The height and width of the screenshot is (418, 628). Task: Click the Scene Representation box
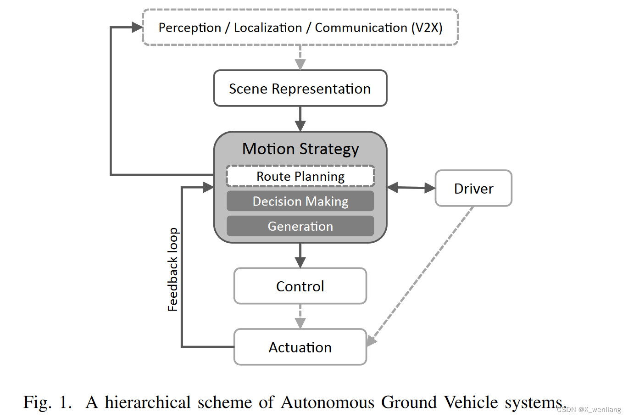click(300, 89)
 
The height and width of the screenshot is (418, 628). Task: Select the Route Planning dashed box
click(300, 176)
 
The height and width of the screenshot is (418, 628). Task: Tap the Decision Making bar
click(300, 201)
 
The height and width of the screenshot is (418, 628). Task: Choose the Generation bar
click(300, 226)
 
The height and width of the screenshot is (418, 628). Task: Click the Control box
click(300, 286)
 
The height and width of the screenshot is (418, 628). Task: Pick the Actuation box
click(300, 347)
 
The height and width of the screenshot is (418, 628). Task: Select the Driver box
click(473, 189)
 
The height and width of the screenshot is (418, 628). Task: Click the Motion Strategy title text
click(300, 149)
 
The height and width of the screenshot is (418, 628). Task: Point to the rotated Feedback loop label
click(172, 270)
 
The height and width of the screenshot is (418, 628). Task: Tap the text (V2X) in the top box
click(427, 28)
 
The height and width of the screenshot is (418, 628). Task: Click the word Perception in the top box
click(189, 28)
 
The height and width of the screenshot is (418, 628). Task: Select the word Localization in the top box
click(268, 28)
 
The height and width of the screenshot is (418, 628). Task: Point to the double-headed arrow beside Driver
click(411, 187)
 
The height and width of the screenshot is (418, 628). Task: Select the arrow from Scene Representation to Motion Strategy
click(300, 119)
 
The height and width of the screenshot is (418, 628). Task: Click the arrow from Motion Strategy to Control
click(300, 255)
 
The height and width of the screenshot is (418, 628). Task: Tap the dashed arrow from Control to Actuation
click(300, 316)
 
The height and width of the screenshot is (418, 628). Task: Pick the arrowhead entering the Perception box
click(137, 28)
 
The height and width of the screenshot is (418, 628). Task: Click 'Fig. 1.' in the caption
click(48, 402)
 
